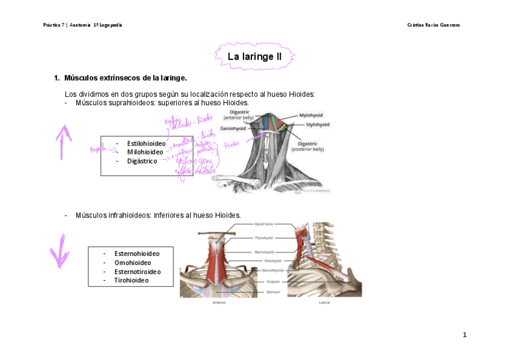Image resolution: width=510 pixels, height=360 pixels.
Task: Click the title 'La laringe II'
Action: (x=254, y=57)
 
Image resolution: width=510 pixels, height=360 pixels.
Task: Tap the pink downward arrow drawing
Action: (x=60, y=251)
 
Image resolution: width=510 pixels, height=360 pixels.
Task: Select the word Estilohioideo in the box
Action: (x=146, y=144)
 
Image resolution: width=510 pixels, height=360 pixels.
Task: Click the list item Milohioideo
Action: (x=145, y=152)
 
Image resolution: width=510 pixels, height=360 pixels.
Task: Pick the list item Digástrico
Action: (x=142, y=161)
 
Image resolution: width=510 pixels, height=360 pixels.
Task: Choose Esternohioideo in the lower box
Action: (x=137, y=254)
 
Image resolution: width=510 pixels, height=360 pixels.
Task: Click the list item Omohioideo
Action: (x=132, y=263)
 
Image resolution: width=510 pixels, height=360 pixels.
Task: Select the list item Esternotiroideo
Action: (x=137, y=272)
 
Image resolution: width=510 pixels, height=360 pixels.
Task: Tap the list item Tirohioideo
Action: (x=131, y=280)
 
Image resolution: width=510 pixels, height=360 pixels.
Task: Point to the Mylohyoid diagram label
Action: (x=311, y=114)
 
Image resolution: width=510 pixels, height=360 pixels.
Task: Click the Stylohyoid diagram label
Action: (x=318, y=124)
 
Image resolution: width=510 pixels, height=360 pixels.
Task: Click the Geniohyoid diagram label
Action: (x=232, y=128)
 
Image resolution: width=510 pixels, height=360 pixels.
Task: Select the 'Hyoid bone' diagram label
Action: (x=263, y=224)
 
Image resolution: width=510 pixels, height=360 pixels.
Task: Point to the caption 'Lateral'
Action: (x=325, y=302)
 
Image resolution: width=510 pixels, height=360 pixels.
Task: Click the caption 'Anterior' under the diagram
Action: (x=219, y=302)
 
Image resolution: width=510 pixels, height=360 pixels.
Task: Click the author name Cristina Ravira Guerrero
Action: (x=433, y=25)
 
